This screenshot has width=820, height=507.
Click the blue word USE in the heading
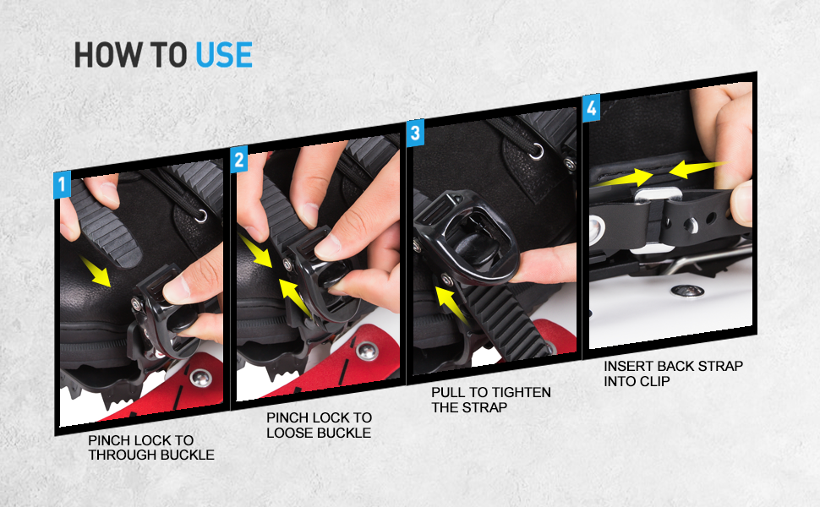coord(224,54)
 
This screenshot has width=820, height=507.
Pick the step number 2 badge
coord(239,160)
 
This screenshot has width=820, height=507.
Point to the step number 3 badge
coord(414,133)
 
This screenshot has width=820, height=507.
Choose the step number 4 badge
coord(591,107)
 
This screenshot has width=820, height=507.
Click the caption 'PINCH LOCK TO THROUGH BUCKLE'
coord(151,447)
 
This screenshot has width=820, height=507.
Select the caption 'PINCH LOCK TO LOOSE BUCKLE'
coord(319,425)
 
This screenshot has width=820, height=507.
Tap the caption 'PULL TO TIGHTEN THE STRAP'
coord(490,399)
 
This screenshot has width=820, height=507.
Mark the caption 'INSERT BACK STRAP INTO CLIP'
coord(673,373)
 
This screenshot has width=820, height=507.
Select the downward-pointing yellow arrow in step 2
coord(257,251)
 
